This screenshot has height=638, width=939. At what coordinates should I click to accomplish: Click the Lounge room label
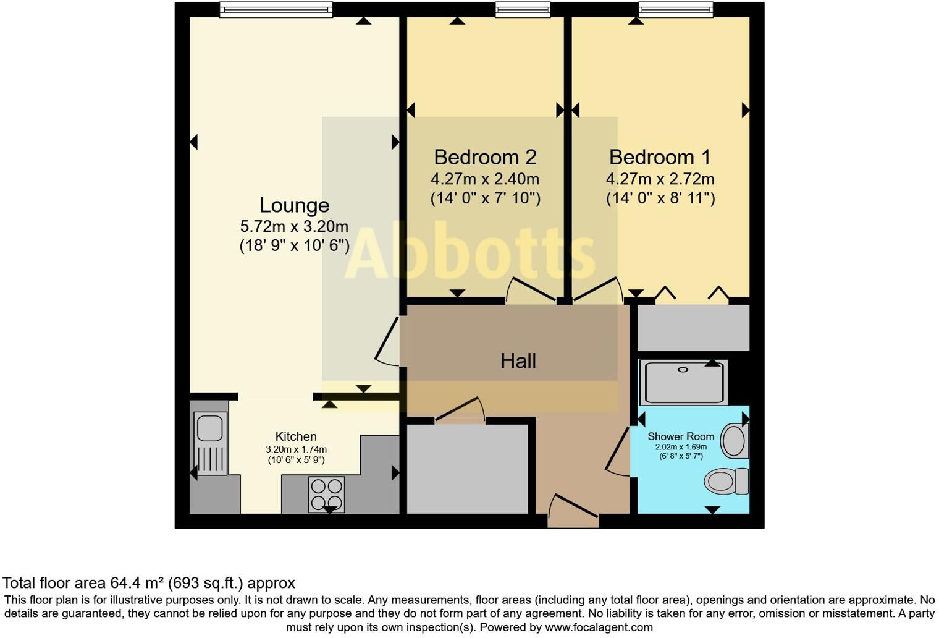click(x=294, y=205)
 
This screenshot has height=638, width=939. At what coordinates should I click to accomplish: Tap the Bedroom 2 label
click(x=485, y=157)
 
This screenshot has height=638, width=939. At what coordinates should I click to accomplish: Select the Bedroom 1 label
click(x=660, y=157)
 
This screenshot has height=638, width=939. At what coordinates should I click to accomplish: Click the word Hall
click(x=518, y=361)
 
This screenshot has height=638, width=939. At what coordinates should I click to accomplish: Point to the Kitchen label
click(x=296, y=436)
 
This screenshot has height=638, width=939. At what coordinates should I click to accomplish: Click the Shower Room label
click(x=681, y=436)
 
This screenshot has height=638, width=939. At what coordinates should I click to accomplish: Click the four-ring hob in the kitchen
click(x=327, y=495)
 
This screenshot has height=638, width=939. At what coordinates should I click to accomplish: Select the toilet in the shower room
click(x=726, y=481)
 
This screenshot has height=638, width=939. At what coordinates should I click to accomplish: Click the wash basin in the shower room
click(x=735, y=441)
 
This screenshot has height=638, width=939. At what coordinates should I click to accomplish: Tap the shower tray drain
click(x=683, y=370)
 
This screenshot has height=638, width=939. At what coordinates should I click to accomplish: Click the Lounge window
click(x=276, y=10)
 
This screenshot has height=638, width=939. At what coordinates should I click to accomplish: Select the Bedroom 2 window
click(x=523, y=10)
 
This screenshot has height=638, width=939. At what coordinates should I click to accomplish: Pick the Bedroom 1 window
click(x=676, y=10)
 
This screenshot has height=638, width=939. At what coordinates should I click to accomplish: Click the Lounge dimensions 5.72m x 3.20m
click(x=294, y=227)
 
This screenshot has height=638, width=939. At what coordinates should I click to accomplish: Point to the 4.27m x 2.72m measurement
click(x=660, y=179)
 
